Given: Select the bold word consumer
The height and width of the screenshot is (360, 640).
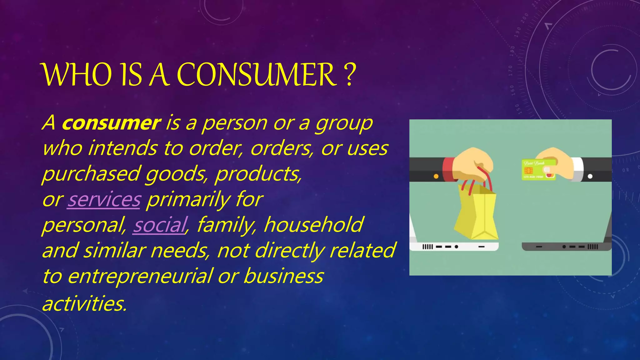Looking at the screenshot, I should pyautogui.click(x=111, y=123).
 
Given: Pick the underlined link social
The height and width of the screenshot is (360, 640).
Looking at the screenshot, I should pyautogui.click(x=160, y=225).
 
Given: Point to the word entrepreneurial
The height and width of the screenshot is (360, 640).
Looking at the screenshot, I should pyautogui.click(x=140, y=277).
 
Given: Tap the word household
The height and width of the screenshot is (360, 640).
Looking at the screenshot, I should pyautogui.click(x=313, y=225).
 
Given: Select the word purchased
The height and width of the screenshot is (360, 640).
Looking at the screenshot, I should pyautogui.click(x=91, y=174).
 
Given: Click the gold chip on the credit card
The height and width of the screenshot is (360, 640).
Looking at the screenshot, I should pyautogui.click(x=529, y=171).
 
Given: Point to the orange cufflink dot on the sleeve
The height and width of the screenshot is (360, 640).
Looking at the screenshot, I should pyautogui.click(x=436, y=176).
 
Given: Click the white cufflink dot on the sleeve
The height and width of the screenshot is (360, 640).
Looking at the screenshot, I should pyautogui.click(x=590, y=176).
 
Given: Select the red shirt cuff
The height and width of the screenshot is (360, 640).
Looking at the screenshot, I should pyautogui.click(x=449, y=169).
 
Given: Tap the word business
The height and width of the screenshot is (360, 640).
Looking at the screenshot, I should pyautogui.click(x=283, y=277).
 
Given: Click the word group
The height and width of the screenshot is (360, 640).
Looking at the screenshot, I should pyautogui.click(x=344, y=124).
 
